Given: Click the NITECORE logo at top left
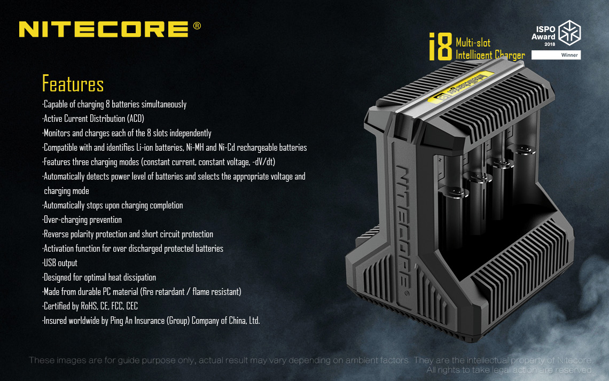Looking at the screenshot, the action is pyautogui.click(x=104, y=29).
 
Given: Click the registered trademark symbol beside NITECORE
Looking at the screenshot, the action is pyautogui.click(x=197, y=26).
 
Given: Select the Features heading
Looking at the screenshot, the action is pyautogui.click(x=73, y=83).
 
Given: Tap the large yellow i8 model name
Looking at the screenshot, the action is pyautogui.click(x=440, y=46).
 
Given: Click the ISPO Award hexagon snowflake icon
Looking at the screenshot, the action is pyautogui.click(x=569, y=33).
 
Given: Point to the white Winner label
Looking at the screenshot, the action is pyautogui.click(x=556, y=55).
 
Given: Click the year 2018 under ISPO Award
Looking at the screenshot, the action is pyautogui.click(x=550, y=44).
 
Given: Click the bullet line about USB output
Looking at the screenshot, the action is pyautogui.click(x=60, y=263).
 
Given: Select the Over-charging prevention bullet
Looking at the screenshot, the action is pyautogui.click(x=82, y=220).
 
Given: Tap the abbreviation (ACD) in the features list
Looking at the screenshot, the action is pyautogui.click(x=136, y=119).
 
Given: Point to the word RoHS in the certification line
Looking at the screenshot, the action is pyautogui.click(x=89, y=306).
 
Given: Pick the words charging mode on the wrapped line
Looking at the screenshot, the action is pyautogui.click(x=66, y=191).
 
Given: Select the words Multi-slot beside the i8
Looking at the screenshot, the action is pyautogui.click(x=473, y=42).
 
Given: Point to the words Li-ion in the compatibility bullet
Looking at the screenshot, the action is pyautogui.click(x=144, y=147).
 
